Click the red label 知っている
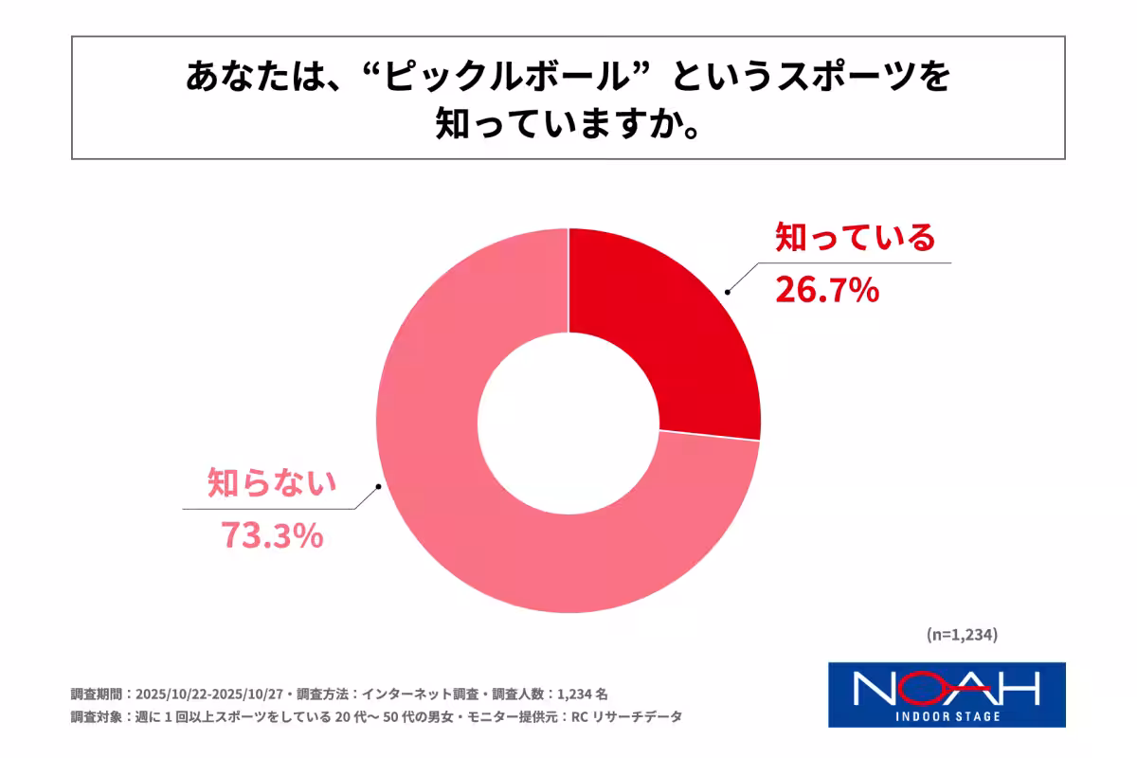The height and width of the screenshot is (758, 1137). [x=854, y=237]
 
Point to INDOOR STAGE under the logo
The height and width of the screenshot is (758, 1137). [x=947, y=715]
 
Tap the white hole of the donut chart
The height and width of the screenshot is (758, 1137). [x=568, y=422]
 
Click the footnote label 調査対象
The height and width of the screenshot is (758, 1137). [x=96, y=717]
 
